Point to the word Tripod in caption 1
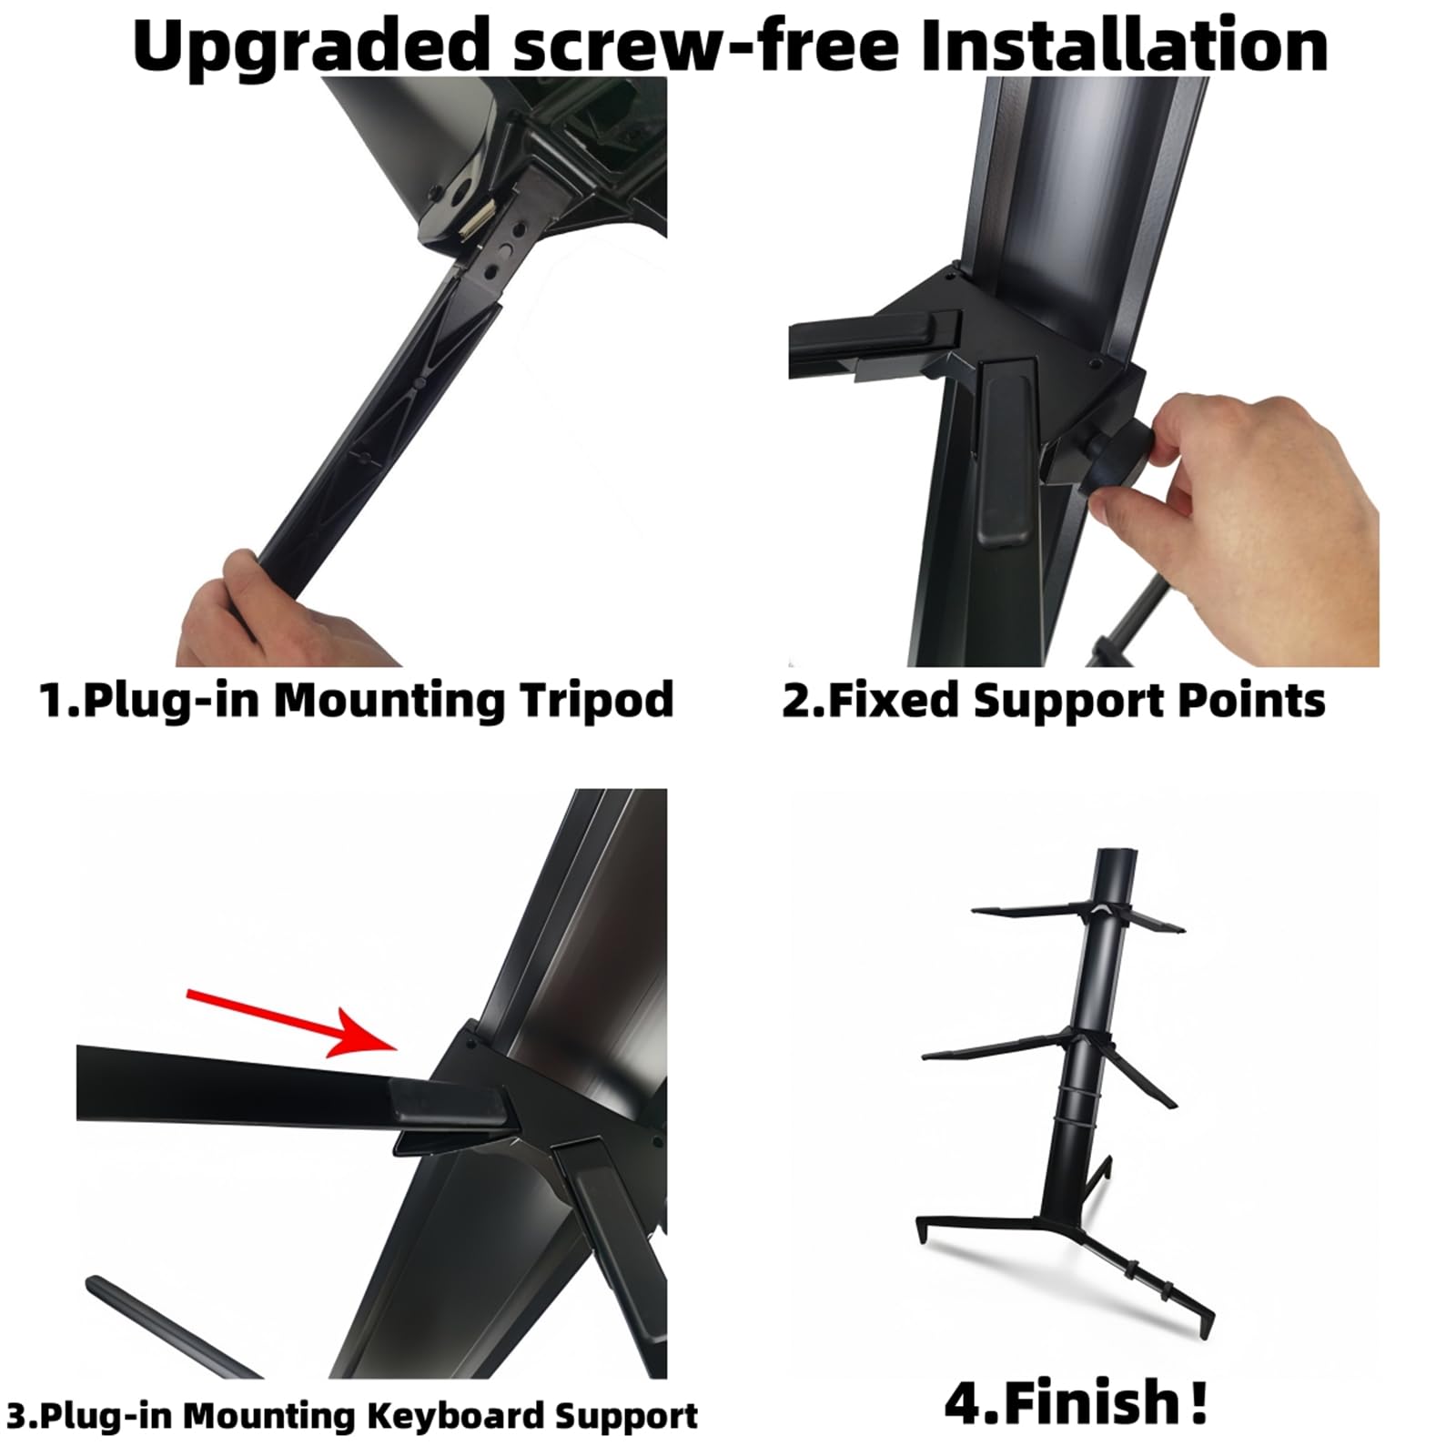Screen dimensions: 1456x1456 click(596, 700)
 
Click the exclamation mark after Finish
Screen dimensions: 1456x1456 click(1199, 1402)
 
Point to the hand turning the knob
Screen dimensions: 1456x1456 click(1256, 510)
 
